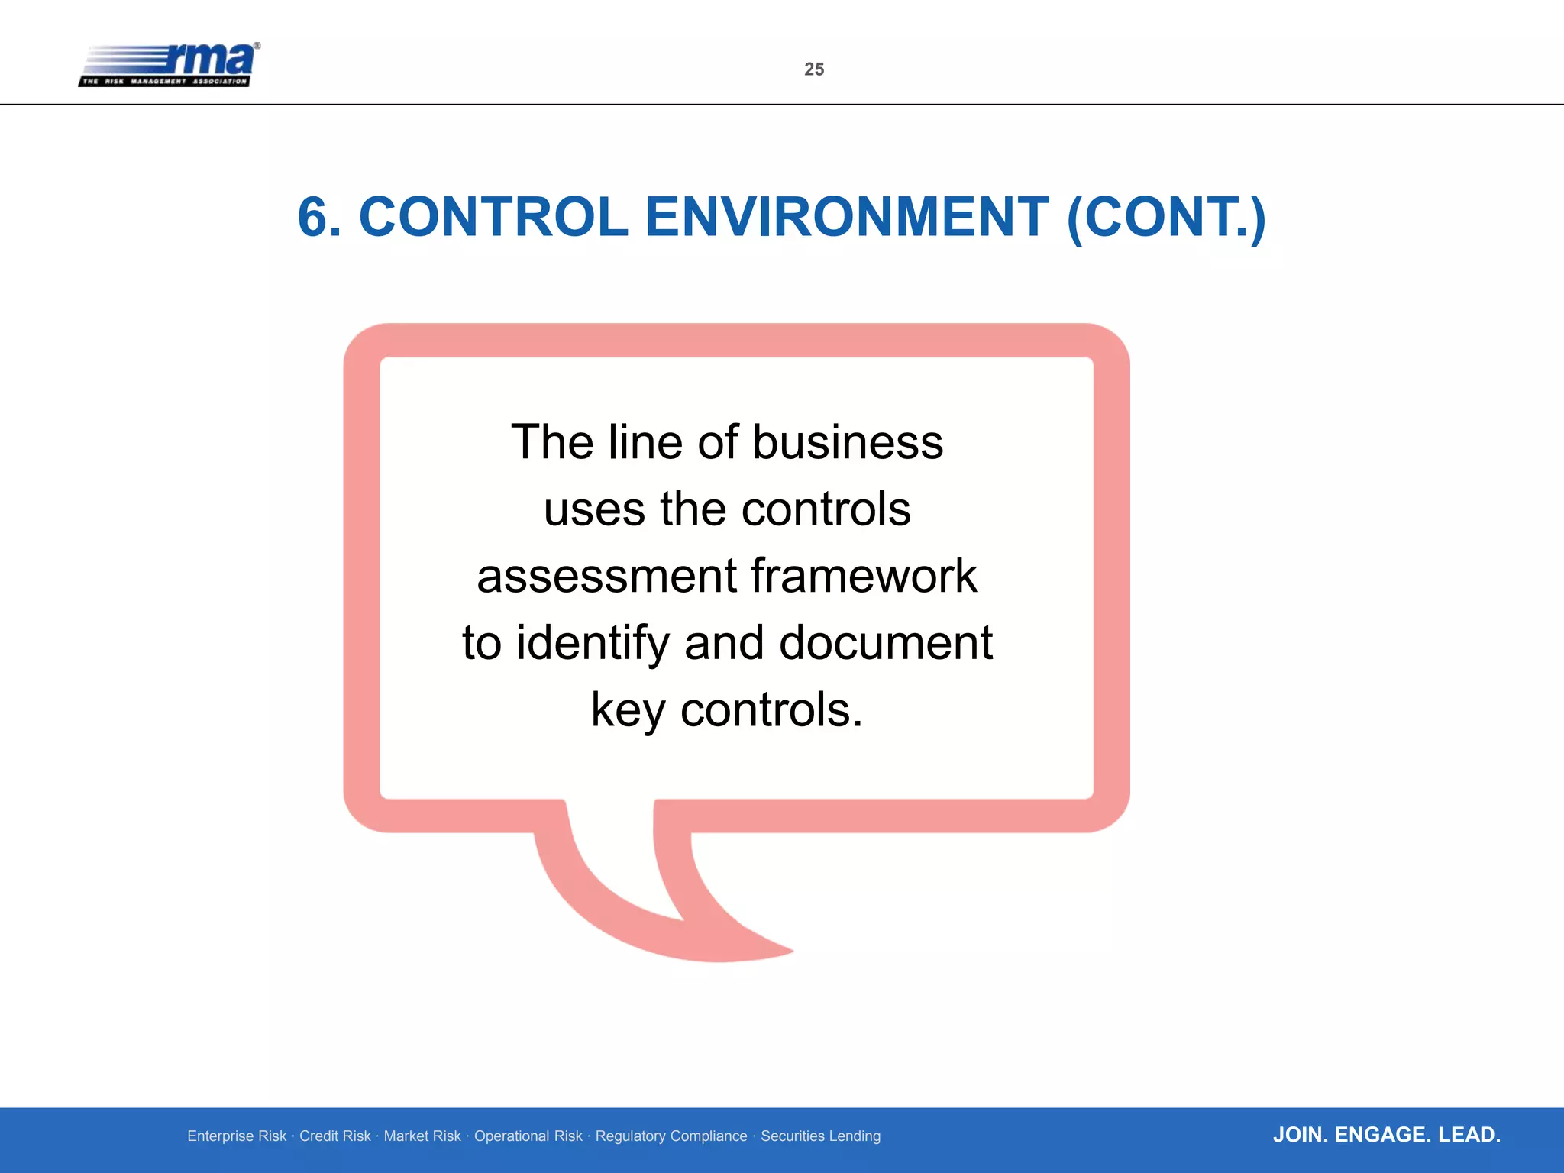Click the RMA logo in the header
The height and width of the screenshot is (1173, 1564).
(x=170, y=64)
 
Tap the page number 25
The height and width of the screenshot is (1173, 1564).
(x=814, y=69)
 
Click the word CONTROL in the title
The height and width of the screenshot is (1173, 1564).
(x=493, y=218)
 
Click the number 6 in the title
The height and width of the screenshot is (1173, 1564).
(x=313, y=218)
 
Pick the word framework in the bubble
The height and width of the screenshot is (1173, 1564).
(x=864, y=576)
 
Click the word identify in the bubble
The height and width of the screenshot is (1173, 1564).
(x=593, y=643)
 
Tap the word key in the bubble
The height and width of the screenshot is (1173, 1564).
(x=628, y=710)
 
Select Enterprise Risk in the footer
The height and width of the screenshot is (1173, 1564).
(x=237, y=1136)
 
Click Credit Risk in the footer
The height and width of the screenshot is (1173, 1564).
(x=334, y=1136)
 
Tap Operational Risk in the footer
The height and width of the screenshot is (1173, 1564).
(x=528, y=1136)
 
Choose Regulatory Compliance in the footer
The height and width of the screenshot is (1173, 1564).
(x=671, y=1136)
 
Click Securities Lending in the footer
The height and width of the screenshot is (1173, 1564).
(x=820, y=1136)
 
